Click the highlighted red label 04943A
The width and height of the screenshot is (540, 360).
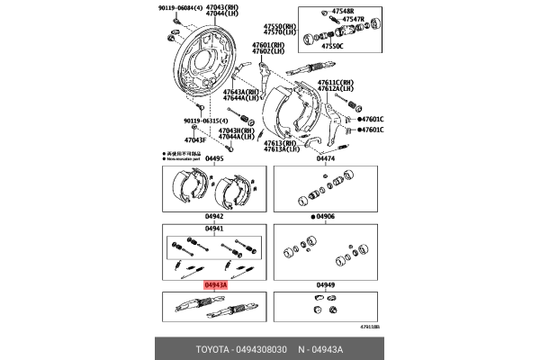pos(214,284)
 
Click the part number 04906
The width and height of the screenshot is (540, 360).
pos(327,216)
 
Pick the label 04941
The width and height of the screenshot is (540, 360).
pos(213,228)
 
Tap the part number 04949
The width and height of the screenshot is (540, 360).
pos(326,284)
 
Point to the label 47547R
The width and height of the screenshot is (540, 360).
pos(353,19)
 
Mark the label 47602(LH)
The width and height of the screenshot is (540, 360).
pos(267,51)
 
